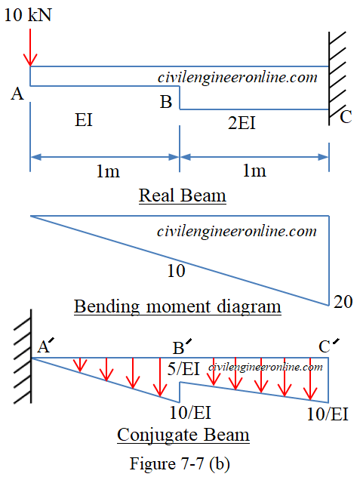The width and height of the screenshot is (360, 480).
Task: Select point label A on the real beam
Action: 17,94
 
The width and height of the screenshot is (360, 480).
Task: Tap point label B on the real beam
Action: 165,101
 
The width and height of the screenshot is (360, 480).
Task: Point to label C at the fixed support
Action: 345,116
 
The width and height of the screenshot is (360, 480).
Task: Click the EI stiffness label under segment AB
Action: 84,121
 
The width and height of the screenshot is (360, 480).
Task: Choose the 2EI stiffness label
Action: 242,122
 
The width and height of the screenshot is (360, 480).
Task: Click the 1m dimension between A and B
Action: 107,171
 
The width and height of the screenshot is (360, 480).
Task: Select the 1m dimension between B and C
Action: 254,171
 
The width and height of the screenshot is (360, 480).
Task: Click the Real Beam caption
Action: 182,196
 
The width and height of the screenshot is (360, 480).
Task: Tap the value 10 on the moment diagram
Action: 176,271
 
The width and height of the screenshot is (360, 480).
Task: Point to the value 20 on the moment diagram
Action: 343,302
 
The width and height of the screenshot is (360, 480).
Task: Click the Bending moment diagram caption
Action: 177,307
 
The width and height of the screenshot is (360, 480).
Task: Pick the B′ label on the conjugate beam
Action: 182,348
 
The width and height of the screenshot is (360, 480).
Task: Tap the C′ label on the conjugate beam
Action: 328,346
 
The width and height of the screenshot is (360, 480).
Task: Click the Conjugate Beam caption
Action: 183,435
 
